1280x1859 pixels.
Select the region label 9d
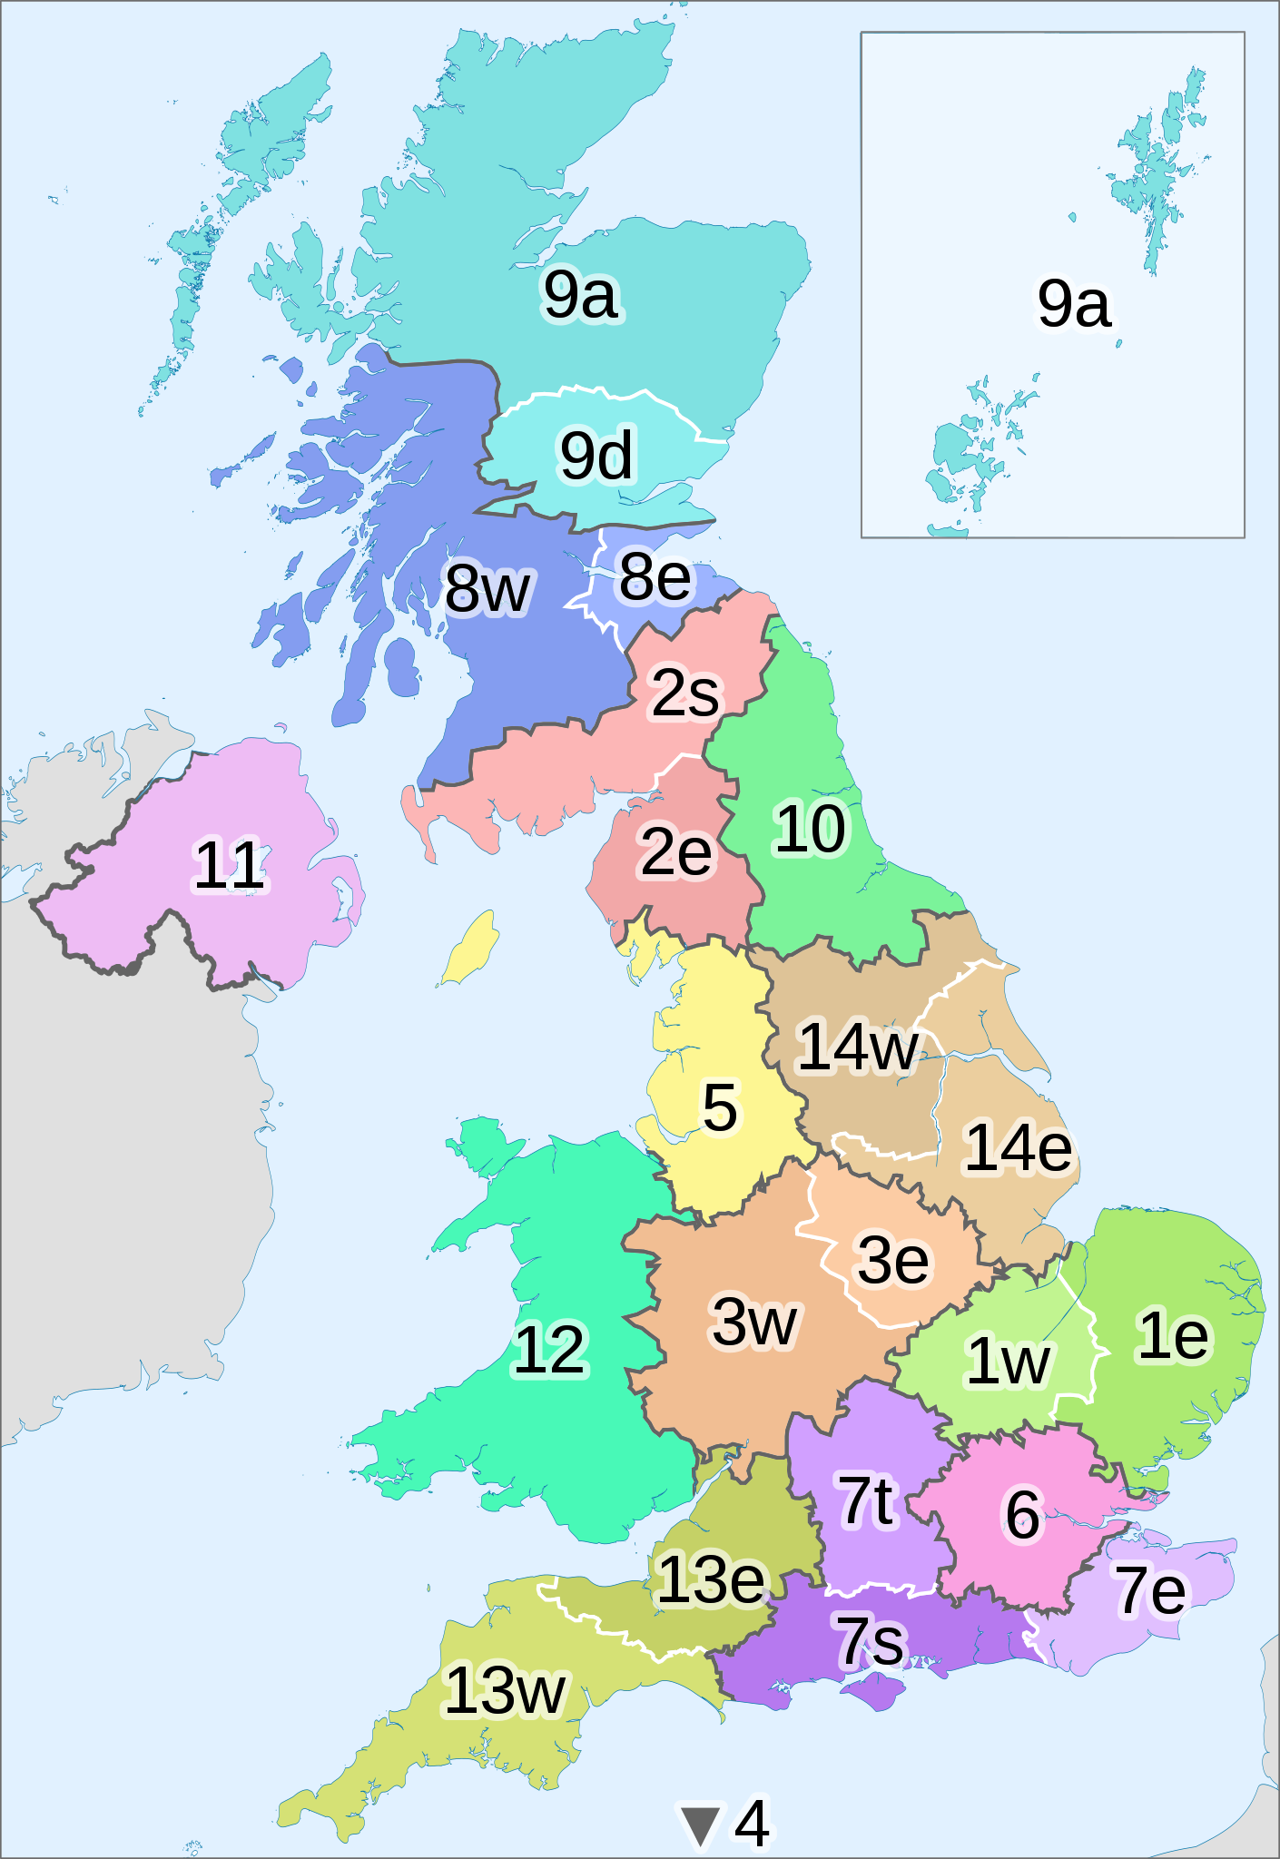tap(596, 455)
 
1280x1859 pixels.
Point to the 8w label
tap(487, 588)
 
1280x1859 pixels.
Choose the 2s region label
tap(685, 693)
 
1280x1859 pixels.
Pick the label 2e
tap(675, 852)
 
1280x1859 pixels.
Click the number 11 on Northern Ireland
tap(230, 865)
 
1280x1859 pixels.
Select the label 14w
tap(857, 1047)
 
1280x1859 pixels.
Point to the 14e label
tap(1018, 1148)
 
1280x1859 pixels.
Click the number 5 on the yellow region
tap(720, 1107)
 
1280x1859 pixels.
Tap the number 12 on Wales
tap(550, 1350)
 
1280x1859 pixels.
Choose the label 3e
tap(893, 1260)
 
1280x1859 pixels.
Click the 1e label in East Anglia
tap(1173, 1335)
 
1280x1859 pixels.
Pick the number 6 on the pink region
tap(1023, 1514)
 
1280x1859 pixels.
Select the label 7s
tap(871, 1640)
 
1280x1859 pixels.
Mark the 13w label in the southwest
tap(505, 1690)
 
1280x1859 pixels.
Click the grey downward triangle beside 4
tap(701, 1825)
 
